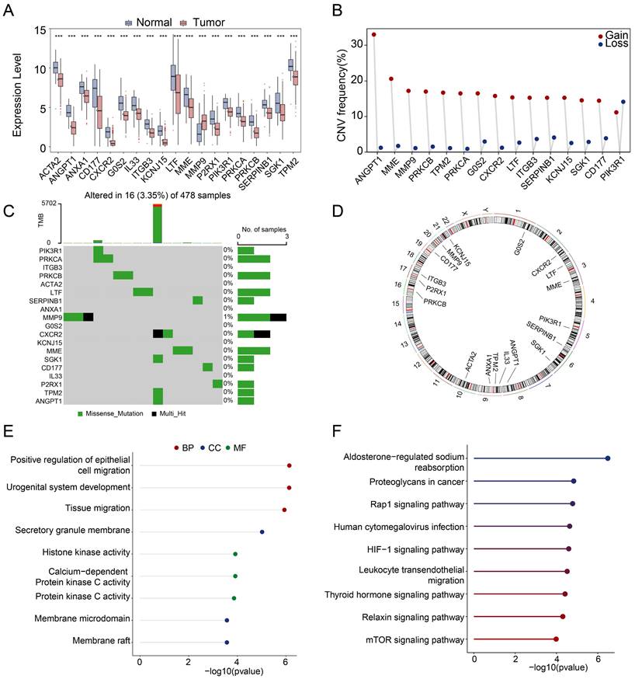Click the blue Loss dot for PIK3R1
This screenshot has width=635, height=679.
[623, 102]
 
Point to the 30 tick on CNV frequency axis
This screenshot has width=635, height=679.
[340, 44]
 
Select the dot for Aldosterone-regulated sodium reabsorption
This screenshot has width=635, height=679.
[608, 458]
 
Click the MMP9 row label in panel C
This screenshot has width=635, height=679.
[49, 317]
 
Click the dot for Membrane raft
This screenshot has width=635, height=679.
[227, 642]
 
